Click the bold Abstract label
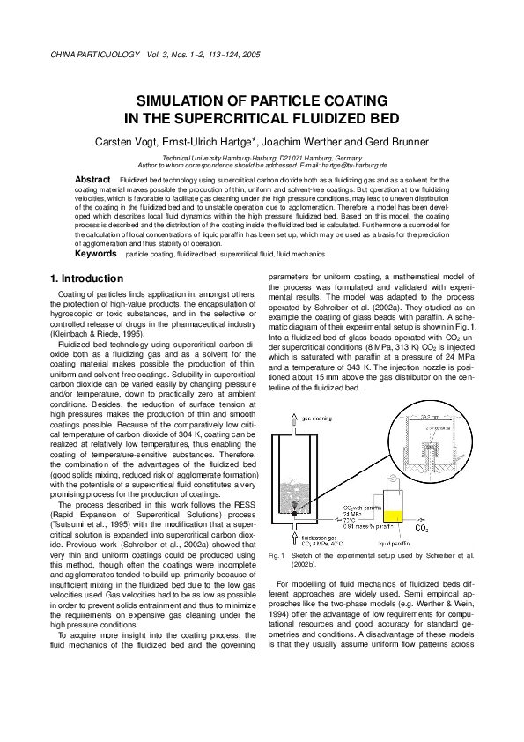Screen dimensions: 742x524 [92, 179]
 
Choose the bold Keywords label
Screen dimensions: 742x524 [95, 254]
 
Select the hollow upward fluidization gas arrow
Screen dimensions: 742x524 [296, 531]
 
